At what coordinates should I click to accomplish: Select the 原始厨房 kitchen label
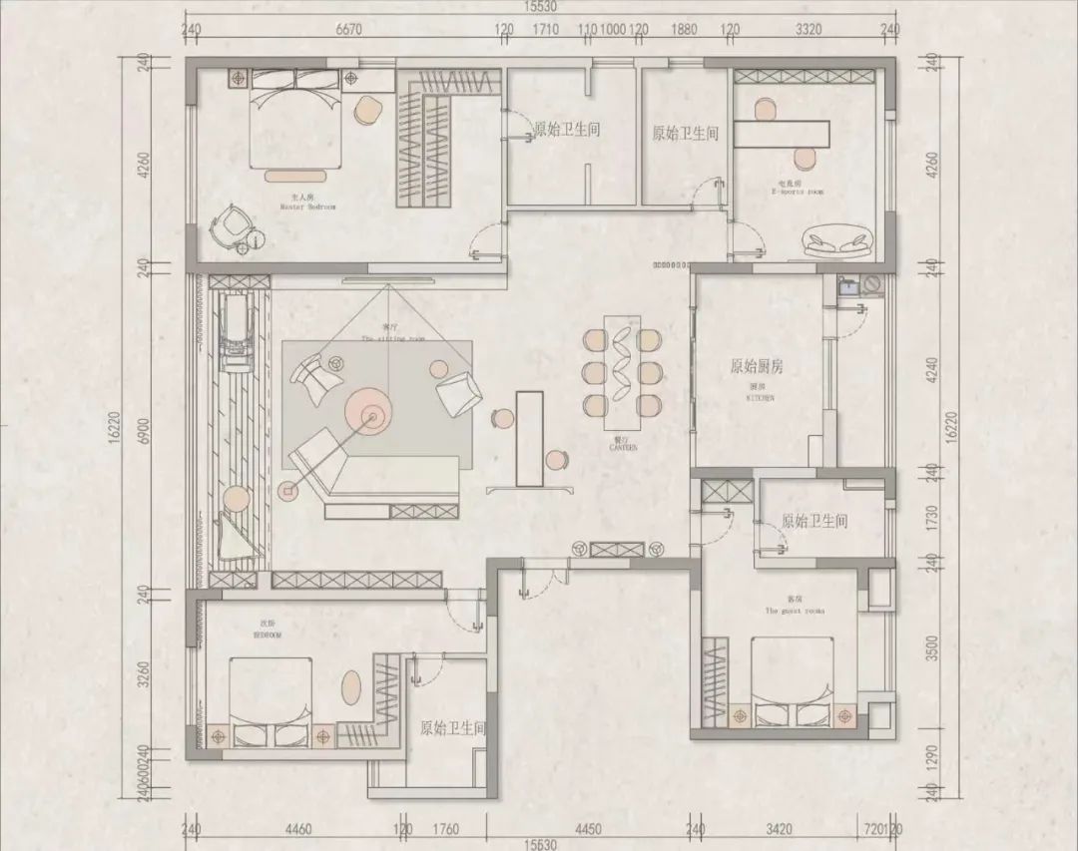[757, 367]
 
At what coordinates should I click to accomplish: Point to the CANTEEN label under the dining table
[623, 447]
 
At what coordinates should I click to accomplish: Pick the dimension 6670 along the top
[348, 29]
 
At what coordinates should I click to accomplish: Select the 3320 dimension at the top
[808, 29]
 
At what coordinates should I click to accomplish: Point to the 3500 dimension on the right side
[932, 648]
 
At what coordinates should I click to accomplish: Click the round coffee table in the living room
[369, 409]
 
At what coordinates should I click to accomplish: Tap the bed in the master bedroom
[290, 120]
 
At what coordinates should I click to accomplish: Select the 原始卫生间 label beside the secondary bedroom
[452, 729]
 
